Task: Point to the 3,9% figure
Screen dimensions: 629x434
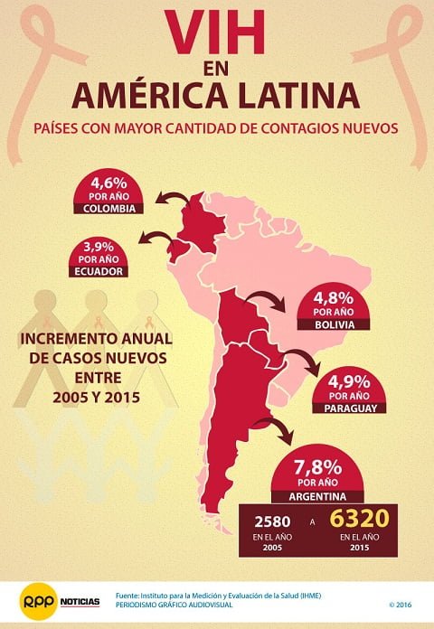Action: click(101, 247)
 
